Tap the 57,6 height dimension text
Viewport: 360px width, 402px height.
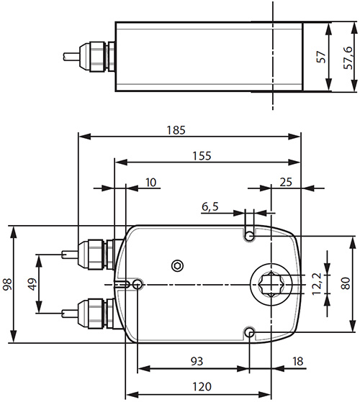click(x=348, y=56)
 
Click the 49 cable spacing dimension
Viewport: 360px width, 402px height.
click(x=32, y=284)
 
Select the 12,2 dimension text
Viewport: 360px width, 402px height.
click(x=315, y=285)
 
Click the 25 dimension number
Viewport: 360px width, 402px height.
click(x=285, y=182)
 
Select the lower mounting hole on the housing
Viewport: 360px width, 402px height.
click(x=249, y=332)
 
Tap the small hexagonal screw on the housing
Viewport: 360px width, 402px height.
click(x=177, y=265)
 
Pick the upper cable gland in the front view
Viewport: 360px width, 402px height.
click(x=94, y=254)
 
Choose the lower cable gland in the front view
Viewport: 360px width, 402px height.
click(x=94, y=313)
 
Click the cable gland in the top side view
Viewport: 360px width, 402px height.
click(x=99, y=56)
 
